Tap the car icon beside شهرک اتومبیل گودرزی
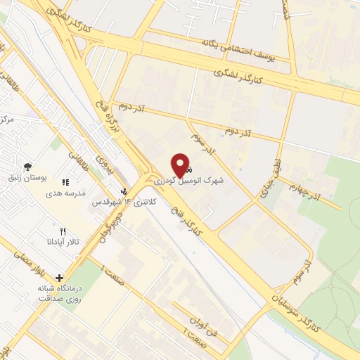pos(188,169)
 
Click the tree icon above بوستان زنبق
pos(27,167)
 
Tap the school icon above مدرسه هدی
pos(65,182)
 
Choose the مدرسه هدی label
pos(65,193)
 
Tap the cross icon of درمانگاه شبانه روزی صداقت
pos(59,278)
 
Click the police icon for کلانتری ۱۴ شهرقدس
pos(124,191)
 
